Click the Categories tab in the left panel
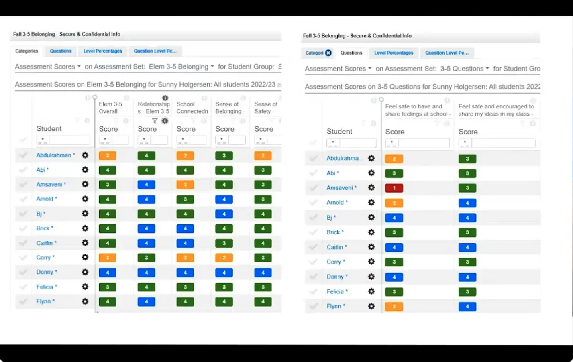[x=27, y=51]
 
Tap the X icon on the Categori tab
[x=328, y=53]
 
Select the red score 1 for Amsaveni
[x=394, y=188]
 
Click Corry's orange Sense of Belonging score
[x=224, y=258]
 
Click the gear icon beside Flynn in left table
[x=85, y=301]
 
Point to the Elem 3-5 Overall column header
[x=110, y=108]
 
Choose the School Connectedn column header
[x=192, y=108]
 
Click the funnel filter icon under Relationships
[x=155, y=121]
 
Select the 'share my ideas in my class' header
[x=496, y=110]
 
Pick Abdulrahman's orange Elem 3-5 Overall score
[x=108, y=155]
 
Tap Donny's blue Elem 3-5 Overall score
[x=108, y=273]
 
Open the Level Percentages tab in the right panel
[x=394, y=53]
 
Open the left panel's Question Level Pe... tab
[x=155, y=51]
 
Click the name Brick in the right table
[x=333, y=232]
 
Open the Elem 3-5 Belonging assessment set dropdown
[x=181, y=67]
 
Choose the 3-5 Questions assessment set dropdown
[x=465, y=69]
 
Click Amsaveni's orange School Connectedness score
[x=185, y=185]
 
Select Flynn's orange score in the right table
[x=394, y=307]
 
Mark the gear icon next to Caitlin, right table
[x=371, y=247]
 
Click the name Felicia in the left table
[x=45, y=287]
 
